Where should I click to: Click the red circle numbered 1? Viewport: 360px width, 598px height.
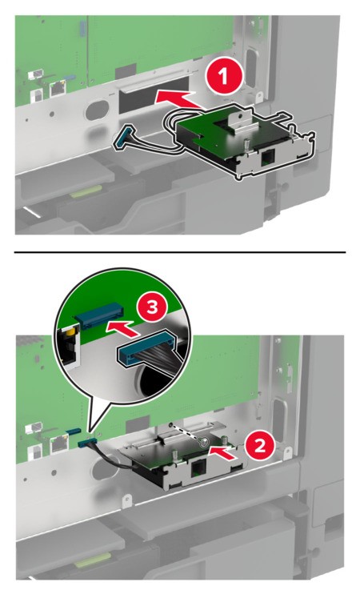click(224, 76)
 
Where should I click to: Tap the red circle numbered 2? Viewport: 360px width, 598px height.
click(260, 445)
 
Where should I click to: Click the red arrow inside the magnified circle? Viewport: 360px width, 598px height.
click(121, 328)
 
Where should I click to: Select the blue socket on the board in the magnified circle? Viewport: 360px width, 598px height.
click(100, 315)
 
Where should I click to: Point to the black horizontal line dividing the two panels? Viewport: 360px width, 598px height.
click(180, 252)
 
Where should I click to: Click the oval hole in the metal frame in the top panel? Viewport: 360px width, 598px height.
click(97, 109)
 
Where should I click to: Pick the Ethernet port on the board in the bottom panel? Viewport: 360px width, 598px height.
click(58, 443)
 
